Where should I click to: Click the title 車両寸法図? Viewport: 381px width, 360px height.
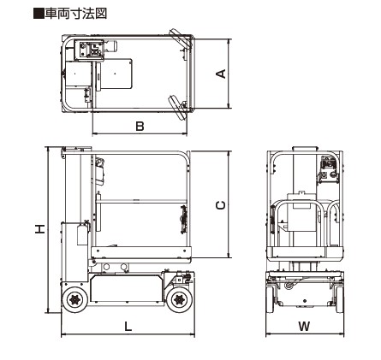coord(76,14)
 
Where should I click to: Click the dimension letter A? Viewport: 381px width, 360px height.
coord(221,74)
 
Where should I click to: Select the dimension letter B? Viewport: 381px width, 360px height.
coord(140,126)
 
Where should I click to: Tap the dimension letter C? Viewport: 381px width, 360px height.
coord(220,205)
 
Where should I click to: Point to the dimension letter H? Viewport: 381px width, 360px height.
coord(40,229)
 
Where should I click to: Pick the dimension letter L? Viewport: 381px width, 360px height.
coord(128,326)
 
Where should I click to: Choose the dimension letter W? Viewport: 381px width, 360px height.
coord(304,326)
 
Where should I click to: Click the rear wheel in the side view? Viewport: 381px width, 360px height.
coord(74,299)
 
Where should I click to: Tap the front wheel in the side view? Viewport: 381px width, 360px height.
coord(179,299)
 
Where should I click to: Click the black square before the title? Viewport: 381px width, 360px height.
coord(39,14)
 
